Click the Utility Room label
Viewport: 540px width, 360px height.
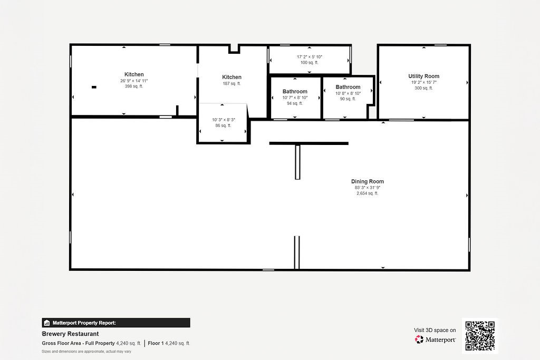pos(423,76)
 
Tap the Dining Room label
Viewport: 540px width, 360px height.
pos(368,181)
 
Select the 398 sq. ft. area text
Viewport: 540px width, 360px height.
pos(134,86)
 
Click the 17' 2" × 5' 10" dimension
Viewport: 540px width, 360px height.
pos(310,57)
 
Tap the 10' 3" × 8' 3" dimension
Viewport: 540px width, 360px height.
pos(224,120)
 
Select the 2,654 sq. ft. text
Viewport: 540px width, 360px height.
pos(368,193)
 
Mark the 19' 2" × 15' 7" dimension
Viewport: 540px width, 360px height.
pos(423,82)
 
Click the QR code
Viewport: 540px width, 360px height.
pos(480,336)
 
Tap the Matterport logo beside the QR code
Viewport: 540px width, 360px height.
pos(436,340)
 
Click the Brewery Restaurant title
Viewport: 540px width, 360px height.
pos(70,334)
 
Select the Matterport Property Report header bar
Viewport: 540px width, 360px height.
pos(116,323)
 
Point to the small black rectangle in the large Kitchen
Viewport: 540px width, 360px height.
pos(94,87)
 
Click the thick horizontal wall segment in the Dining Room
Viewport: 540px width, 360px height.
pos(309,143)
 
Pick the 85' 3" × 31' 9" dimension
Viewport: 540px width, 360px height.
pos(368,188)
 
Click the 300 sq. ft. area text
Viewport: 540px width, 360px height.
pos(423,88)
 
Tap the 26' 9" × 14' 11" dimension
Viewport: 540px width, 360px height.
pos(134,81)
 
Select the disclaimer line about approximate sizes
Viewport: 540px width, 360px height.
pos(86,351)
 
